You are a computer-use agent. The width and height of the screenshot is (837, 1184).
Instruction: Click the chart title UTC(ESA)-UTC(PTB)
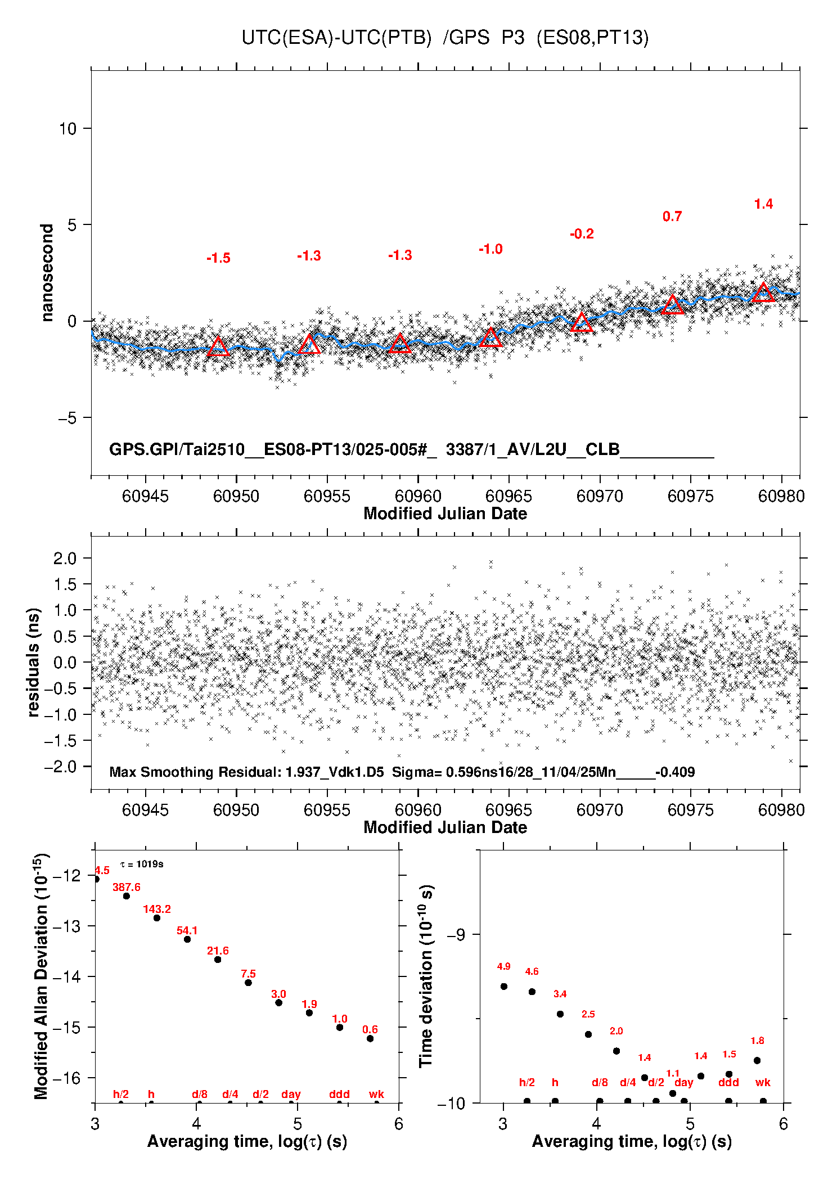point(336,38)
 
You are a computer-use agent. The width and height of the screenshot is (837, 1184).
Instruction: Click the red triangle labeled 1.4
point(763,292)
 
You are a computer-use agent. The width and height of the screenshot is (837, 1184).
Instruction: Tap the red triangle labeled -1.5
point(218,346)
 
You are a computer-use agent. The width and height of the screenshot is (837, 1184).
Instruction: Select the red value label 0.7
point(672,217)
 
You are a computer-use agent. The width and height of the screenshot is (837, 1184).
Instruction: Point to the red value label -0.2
point(582,234)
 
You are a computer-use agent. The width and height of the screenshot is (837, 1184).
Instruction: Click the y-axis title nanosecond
point(47,273)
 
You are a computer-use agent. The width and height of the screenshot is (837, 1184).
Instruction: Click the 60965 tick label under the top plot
point(508,496)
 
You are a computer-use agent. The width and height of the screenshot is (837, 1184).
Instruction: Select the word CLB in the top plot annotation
point(602,449)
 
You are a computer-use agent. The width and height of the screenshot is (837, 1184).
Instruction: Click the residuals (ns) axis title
point(33,663)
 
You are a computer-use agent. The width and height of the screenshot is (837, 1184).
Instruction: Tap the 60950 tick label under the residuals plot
point(236,810)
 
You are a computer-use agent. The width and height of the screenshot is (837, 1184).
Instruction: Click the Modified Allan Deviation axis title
point(41,976)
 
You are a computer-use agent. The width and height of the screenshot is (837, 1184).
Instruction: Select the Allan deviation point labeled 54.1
point(187,939)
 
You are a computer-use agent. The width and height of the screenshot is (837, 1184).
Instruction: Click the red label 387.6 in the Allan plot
point(127,887)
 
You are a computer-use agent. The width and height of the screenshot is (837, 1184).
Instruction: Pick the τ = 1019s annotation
point(142,864)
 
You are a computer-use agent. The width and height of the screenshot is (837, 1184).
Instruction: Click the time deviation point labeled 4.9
point(504,986)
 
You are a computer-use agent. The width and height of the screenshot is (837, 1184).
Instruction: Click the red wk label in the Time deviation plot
point(763,1082)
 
